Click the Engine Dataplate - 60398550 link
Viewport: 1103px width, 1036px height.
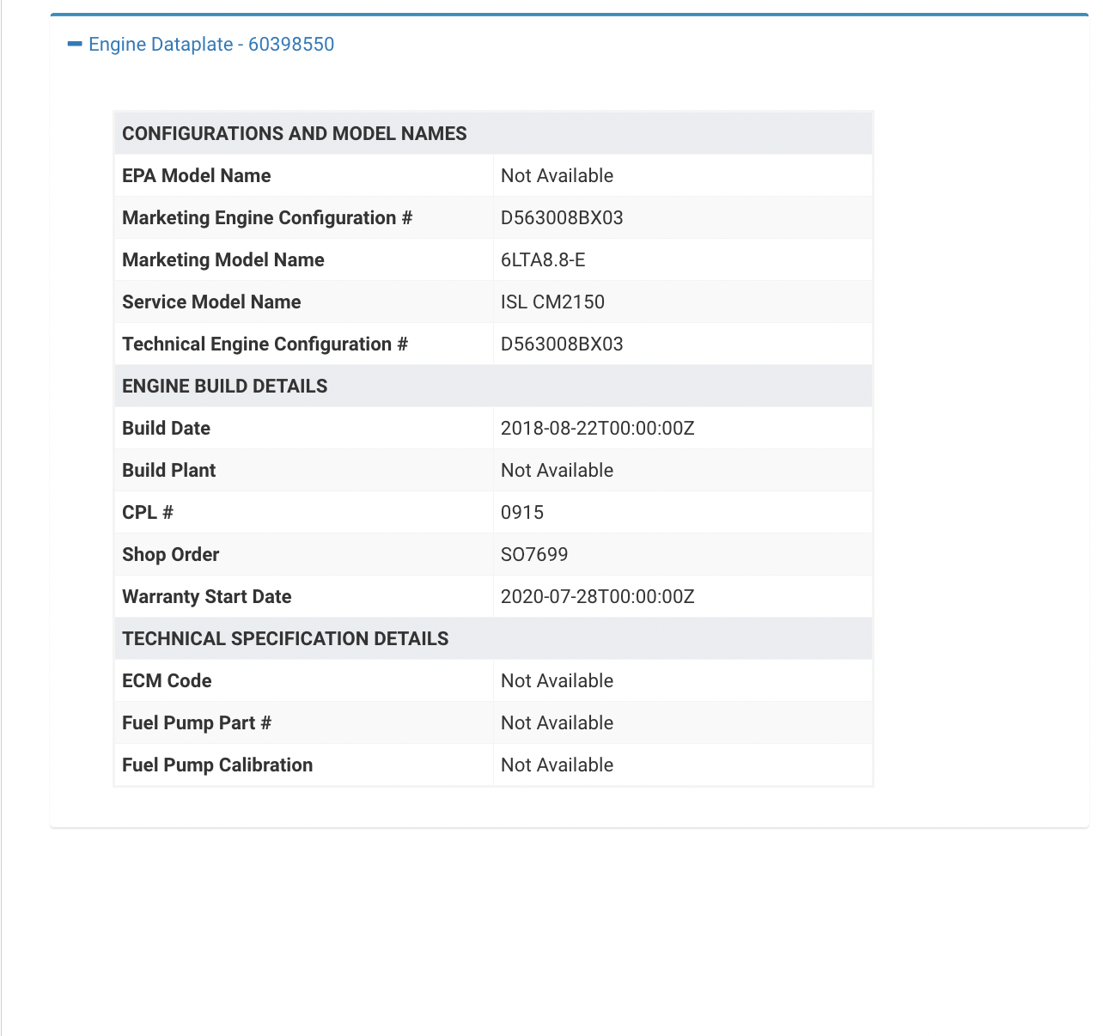coord(211,45)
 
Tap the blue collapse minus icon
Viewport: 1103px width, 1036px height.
coord(75,44)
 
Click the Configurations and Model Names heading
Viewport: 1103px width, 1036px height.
coord(295,134)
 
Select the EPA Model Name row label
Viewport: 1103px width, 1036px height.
coord(197,176)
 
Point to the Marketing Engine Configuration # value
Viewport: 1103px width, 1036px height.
coord(562,218)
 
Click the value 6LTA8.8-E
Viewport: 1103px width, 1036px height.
coord(543,260)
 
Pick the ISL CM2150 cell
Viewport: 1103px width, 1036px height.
coord(552,302)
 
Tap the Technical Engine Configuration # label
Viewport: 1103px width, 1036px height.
coord(265,344)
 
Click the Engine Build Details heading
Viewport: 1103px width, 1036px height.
coord(225,387)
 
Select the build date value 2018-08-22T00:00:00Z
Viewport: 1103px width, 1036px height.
coord(597,429)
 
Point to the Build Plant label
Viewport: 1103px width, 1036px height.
coord(169,471)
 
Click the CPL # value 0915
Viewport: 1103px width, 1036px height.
coord(522,513)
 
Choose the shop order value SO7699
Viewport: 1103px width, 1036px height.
coord(534,555)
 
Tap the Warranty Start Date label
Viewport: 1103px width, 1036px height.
coord(207,597)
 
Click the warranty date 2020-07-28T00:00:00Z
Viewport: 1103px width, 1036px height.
coord(597,597)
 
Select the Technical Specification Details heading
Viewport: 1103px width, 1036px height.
coord(285,639)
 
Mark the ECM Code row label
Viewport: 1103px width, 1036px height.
coord(167,681)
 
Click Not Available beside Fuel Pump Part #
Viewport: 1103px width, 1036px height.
coord(557,723)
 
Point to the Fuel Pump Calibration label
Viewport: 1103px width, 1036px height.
coord(217,765)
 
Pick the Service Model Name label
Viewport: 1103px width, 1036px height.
coord(211,302)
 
